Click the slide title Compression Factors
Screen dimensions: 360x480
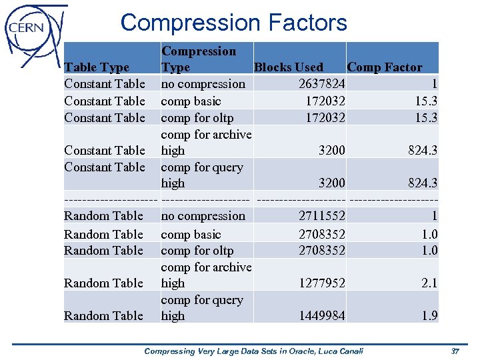pyautogui.click(x=233, y=23)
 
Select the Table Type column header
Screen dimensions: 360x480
pyautogui.click(x=97, y=67)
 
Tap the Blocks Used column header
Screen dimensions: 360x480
pyautogui.click(x=288, y=67)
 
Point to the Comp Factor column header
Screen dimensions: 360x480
pyautogui.click(x=385, y=67)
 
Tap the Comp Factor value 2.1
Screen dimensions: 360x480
pyautogui.click(x=429, y=283)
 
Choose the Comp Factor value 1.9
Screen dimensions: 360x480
pyautogui.click(x=429, y=316)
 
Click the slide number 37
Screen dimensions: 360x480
pyautogui.click(x=455, y=351)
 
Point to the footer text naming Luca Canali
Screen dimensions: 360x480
pyautogui.click(x=254, y=351)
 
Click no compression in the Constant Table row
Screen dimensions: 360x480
pyautogui.click(x=203, y=84)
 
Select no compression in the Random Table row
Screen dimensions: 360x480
pyautogui.click(x=203, y=216)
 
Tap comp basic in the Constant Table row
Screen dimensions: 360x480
pyautogui.click(x=191, y=101)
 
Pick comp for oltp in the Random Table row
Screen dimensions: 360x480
pyautogui.click(x=197, y=251)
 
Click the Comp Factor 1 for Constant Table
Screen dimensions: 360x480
pyautogui.click(x=434, y=84)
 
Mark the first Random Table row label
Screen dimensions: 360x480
pyautogui.click(x=103, y=216)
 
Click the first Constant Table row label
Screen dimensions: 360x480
pyautogui.click(x=105, y=84)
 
